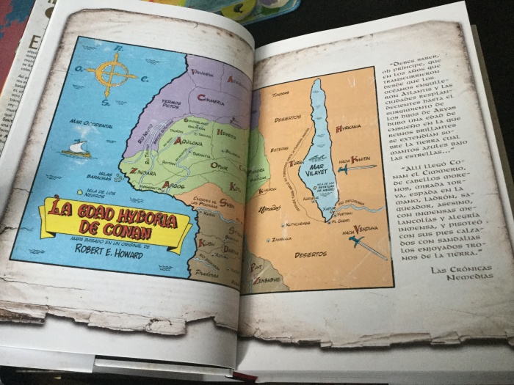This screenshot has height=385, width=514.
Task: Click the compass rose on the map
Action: coord(111,73)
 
